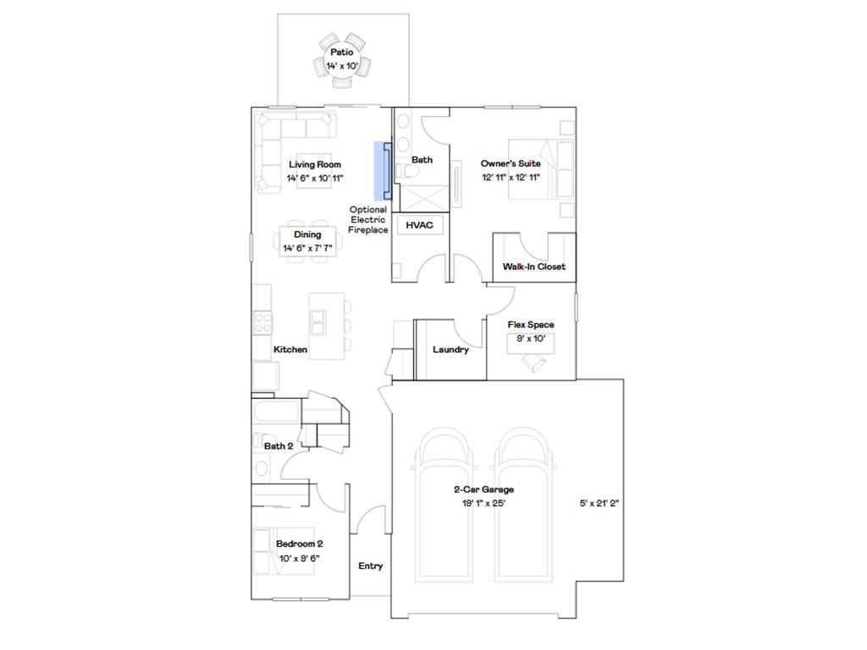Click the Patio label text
[341, 52]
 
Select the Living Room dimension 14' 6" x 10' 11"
[314, 179]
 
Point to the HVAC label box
[419, 225]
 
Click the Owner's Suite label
[511, 163]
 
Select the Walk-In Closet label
[533, 267]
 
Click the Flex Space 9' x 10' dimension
[531, 339]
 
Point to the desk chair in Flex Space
[535, 362]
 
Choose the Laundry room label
[450, 350]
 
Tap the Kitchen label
[290, 350]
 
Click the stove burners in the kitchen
[262, 321]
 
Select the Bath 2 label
[279, 446]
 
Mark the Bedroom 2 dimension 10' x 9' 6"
[299, 559]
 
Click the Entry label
[370, 566]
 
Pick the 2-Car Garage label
[483, 489]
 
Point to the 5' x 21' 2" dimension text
[600, 504]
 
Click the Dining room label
[307, 234]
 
